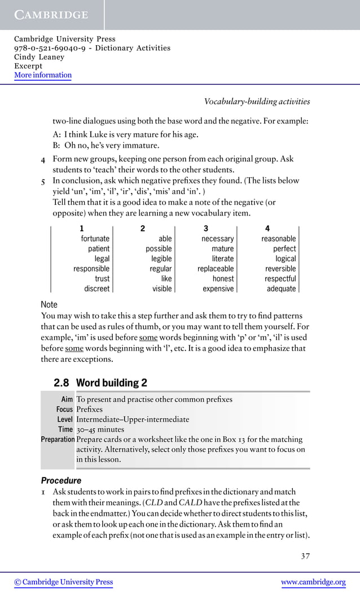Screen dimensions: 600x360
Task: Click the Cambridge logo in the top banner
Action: coord(51,15)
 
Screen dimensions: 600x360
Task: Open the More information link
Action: coord(43,75)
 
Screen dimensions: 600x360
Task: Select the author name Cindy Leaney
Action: coord(39,57)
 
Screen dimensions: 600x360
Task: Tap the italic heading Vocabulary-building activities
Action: coord(257,102)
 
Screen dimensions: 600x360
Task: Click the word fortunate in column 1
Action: coord(95,239)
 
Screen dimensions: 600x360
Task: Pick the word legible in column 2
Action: coord(161,259)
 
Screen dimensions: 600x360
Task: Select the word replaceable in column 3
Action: coord(215,269)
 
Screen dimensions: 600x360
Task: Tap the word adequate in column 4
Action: coord(281,288)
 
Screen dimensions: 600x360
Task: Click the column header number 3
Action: coord(206,229)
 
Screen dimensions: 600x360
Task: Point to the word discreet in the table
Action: coord(96,288)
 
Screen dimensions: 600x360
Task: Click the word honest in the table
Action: coord(223,278)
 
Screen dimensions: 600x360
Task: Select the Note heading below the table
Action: coord(49,305)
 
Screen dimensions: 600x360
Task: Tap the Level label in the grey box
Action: coord(64,419)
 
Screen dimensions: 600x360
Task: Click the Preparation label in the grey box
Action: coord(58,439)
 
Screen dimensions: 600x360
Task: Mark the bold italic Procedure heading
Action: coord(61,481)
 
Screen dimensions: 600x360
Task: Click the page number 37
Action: coord(305,556)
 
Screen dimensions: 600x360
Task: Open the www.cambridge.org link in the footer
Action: coord(313,582)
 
